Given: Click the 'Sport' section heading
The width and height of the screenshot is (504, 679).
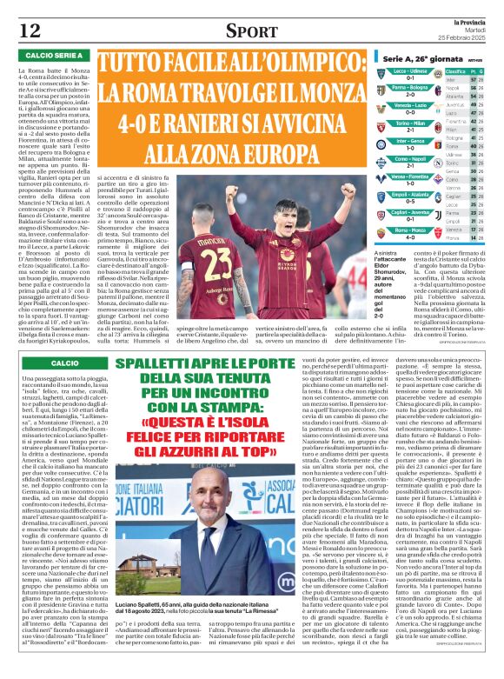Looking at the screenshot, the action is pyautogui.click(x=251, y=31).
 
